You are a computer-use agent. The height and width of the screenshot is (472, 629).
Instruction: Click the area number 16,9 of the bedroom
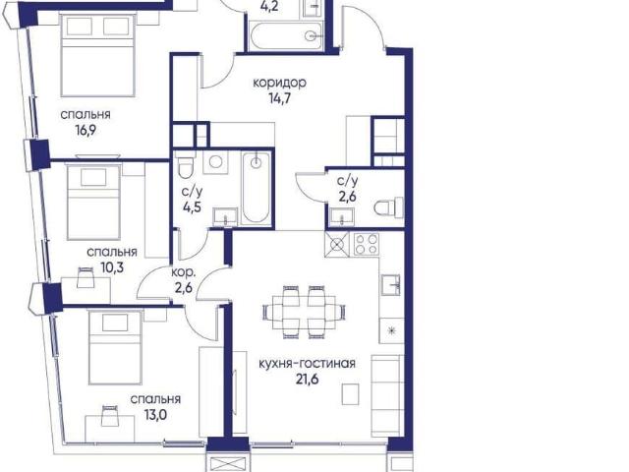point(86,131)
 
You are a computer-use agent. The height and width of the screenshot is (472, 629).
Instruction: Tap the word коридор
point(279,83)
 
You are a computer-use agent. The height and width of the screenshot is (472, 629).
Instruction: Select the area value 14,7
point(279,98)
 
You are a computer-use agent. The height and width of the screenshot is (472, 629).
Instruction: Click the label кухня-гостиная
point(307,364)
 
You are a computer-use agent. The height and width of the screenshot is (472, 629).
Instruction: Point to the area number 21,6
point(308,380)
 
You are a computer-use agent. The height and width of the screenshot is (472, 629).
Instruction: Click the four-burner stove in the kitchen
point(367,244)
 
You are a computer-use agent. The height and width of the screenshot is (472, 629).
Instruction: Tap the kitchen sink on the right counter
point(390,285)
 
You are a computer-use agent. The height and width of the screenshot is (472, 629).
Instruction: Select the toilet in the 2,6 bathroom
point(388,207)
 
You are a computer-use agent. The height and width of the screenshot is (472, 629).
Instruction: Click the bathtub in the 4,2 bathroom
point(286,36)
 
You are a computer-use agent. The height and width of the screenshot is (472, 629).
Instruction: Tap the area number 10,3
point(112,267)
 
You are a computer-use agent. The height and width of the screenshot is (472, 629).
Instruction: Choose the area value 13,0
point(155,415)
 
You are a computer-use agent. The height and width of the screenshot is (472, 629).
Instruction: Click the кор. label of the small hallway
point(184,273)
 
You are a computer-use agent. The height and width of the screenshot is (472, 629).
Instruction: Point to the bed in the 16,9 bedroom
point(97,54)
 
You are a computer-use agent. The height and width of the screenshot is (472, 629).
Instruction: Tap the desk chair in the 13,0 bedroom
point(110,416)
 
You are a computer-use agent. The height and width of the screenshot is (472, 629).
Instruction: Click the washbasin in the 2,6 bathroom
point(342,218)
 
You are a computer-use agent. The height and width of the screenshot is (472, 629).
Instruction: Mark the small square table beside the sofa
point(350,394)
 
